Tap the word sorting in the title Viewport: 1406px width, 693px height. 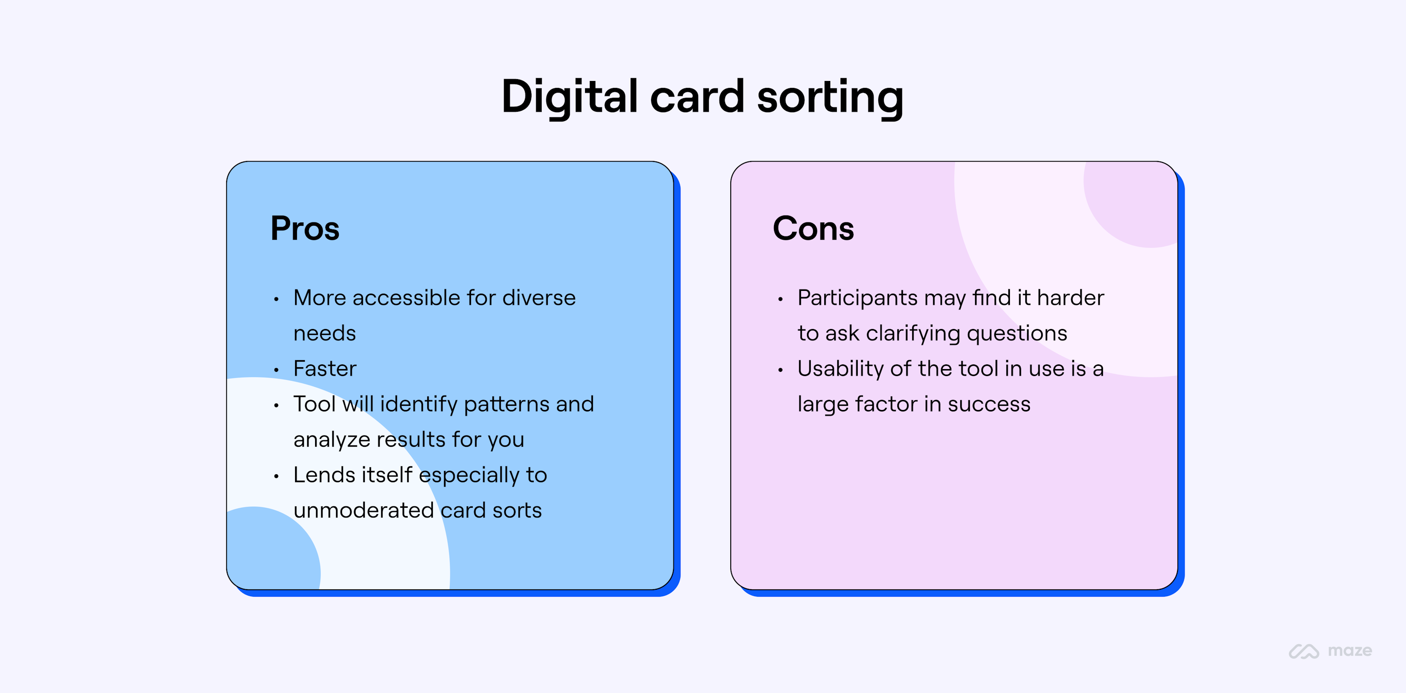pos(830,97)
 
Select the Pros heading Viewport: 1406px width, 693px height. pos(304,228)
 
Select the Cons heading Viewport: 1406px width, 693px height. pos(813,228)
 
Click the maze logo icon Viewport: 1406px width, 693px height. pos(1304,651)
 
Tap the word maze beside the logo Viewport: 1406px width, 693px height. pos(1349,651)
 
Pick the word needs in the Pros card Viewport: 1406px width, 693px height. pos(324,333)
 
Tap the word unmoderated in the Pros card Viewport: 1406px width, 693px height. pos(363,511)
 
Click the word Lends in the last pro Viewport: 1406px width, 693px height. pos(324,475)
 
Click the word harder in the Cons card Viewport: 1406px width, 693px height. pos(1070,298)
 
